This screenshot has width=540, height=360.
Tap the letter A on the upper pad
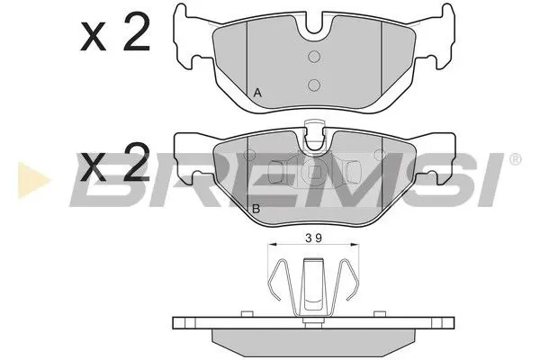(x=258, y=93)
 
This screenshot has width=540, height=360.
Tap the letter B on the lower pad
(x=256, y=209)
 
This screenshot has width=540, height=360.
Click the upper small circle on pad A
(x=313, y=57)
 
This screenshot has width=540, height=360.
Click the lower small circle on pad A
(x=313, y=85)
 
